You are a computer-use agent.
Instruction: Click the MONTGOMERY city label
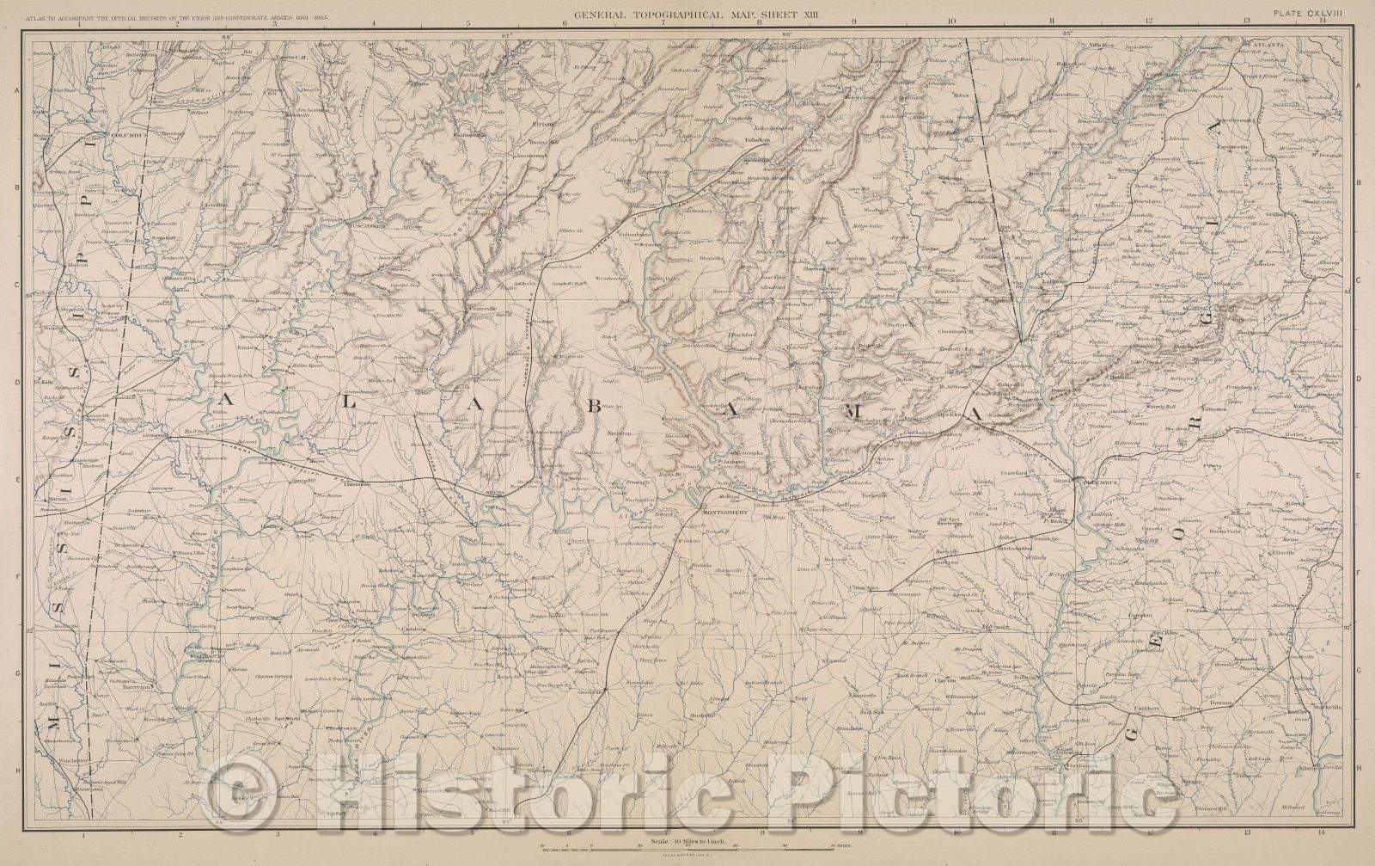click(727, 513)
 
